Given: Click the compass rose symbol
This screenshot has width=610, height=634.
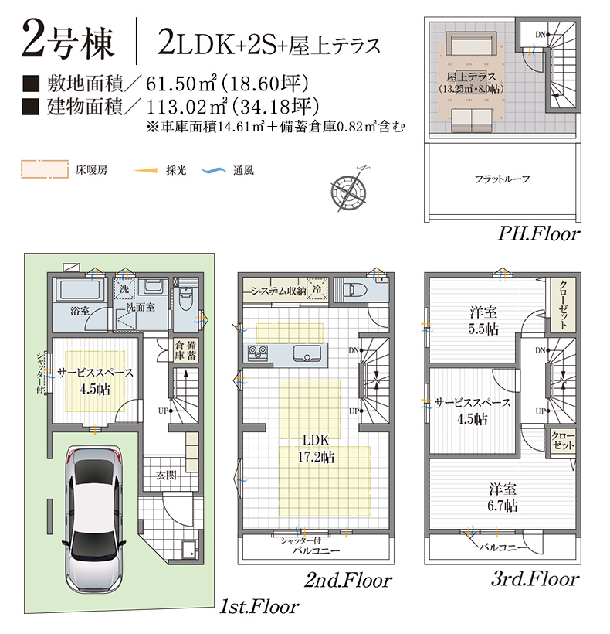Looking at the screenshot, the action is point(349,189).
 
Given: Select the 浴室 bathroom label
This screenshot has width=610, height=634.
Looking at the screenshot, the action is point(80,311).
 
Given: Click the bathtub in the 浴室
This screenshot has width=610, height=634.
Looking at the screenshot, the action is point(80,289).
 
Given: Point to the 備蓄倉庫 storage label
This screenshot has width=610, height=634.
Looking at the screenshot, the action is point(185,350).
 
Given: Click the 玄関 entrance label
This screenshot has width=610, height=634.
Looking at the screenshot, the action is point(166,475).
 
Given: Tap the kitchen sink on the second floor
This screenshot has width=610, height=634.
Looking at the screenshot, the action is point(307,353).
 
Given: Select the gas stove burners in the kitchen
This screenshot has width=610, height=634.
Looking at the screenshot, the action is point(258,353).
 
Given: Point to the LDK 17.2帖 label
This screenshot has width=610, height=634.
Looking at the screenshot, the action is point(316,448).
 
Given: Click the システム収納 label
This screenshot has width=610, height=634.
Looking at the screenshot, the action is point(279,291).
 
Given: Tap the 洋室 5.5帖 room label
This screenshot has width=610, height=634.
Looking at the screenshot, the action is point(483,320).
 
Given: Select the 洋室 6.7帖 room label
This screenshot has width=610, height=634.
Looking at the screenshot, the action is point(503,497).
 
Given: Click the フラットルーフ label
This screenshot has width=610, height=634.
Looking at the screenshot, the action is point(502,179).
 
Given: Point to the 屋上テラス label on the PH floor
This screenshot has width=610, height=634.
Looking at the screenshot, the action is point(472,77).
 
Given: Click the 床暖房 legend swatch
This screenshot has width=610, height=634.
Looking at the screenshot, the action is point(45,169).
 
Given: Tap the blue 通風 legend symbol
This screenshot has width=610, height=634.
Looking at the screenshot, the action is point(214,171).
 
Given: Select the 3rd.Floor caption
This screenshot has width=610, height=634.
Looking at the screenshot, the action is point(535,579).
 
